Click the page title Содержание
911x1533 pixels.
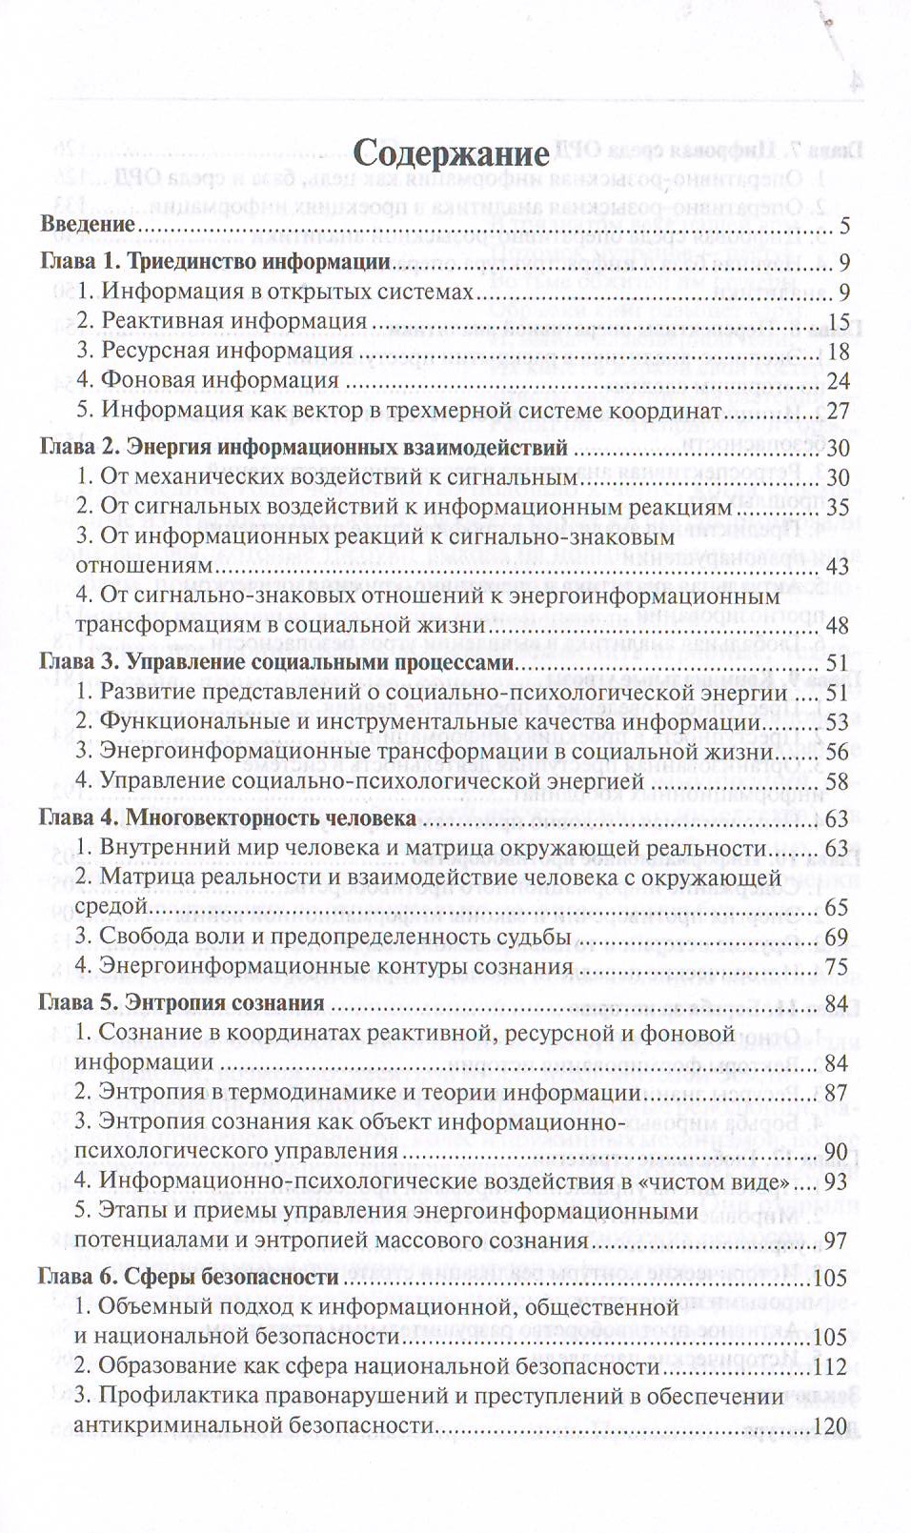(451, 153)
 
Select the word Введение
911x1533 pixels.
(88, 225)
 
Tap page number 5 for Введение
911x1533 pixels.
(844, 227)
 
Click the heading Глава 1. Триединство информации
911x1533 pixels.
(216, 262)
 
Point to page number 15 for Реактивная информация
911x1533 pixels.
(839, 322)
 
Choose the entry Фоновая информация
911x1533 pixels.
(219, 380)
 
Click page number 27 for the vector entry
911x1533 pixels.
(838, 412)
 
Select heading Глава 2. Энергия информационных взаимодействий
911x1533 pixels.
(304, 447)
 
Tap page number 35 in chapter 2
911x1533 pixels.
(838, 508)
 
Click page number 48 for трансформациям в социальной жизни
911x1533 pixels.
(837, 626)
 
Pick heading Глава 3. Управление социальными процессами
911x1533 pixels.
(276, 662)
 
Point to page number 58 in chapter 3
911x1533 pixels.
(836, 782)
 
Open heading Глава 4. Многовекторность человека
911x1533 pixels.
(227, 817)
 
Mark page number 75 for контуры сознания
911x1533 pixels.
(836, 968)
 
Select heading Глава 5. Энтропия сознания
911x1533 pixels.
(181, 1002)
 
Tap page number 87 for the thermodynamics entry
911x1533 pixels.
(836, 1094)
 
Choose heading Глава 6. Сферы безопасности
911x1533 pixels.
(188, 1277)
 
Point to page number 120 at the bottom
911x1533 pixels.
(832, 1427)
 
